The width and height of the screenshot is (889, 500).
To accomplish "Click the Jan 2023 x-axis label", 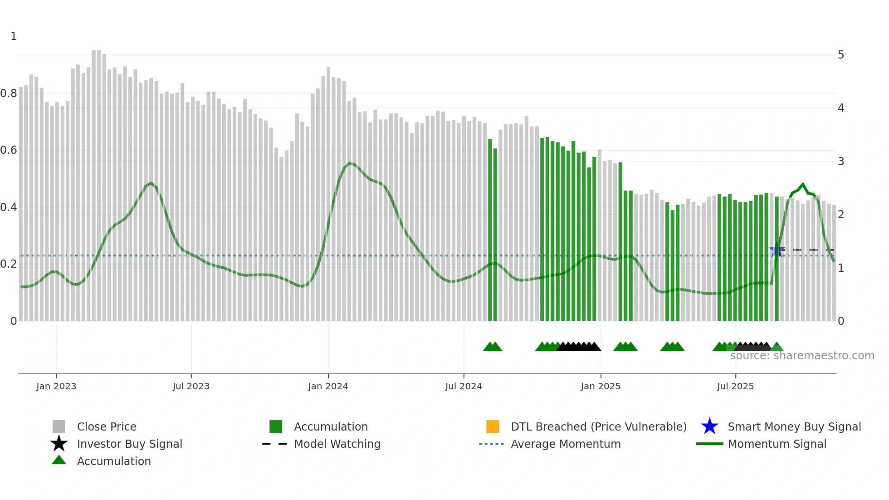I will pyautogui.click(x=56, y=386).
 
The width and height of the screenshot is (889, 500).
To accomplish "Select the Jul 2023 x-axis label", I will pyautogui.click(x=191, y=386).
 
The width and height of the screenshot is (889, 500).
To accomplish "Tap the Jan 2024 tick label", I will pyautogui.click(x=328, y=386).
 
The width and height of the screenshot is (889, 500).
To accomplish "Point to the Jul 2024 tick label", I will pyautogui.click(x=464, y=386).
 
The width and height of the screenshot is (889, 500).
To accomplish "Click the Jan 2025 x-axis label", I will pyautogui.click(x=601, y=386).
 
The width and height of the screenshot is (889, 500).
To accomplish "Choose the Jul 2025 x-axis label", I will pyautogui.click(x=735, y=386).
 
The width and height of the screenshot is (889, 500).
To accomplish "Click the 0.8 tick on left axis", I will pyautogui.click(x=9, y=93).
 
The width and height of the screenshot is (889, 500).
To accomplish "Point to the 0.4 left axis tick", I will pyautogui.click(x=9, y=207).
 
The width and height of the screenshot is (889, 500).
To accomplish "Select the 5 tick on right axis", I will pyautogui.click(x=841, y=55).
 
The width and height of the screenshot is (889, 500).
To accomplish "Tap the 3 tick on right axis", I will pyautogui.click(x=841, y=162).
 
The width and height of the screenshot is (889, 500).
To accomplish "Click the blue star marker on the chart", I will pyautogui.click(x=777, y=250).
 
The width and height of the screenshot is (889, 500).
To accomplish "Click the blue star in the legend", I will pyautogui.click(x=709, y=426).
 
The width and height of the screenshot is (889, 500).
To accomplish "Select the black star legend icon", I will pyautogui.click(x=59, y=444).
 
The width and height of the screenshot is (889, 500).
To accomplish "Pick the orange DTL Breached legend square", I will pyautogui.click(x=493, y=426).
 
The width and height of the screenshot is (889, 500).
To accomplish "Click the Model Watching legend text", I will pyautogui.click(x=337, y=444).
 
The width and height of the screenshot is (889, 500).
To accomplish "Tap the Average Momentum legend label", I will pyautogui.click(x=566, y=444).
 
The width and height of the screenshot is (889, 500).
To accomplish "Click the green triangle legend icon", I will pyautogui.click(x=59, y=460).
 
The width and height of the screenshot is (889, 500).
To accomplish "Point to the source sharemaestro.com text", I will pyautogui.click(x=802, y=356).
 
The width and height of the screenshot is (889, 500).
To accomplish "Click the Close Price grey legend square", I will pyautogui.click(x=59, y=426).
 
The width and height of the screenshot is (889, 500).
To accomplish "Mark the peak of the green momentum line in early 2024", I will pyautogui.click(x=349, y=163).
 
